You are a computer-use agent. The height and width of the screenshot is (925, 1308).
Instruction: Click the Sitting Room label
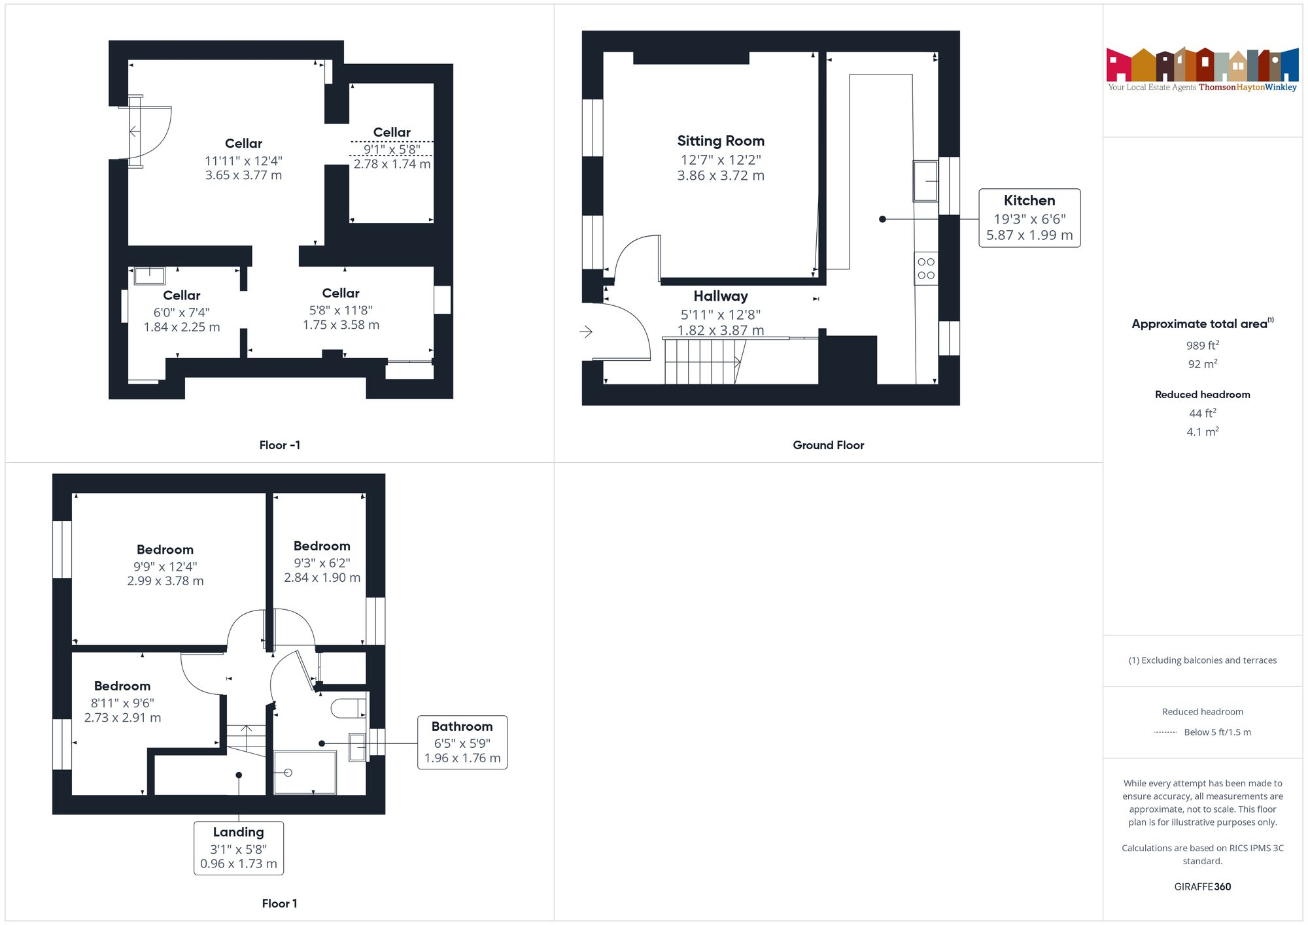(721, 141)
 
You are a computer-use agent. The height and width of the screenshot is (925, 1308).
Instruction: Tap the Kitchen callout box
(1029, 218)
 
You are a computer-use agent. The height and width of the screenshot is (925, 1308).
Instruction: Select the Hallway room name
(721, 296)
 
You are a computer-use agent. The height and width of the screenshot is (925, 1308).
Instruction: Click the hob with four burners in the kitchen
(926, 269)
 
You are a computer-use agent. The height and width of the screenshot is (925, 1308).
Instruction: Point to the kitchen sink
(926, 181)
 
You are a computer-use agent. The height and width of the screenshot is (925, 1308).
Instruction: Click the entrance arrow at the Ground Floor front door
(586, 331)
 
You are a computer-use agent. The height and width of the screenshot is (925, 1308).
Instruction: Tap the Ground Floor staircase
(703, 362)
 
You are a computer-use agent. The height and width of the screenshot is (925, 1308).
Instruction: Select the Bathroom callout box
(462, 742)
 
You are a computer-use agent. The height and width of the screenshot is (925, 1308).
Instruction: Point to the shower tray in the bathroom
(305, 773)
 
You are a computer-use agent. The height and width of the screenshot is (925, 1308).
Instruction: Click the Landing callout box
(239, 848)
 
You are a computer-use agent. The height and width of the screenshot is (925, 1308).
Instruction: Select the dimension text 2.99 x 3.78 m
(165, 581)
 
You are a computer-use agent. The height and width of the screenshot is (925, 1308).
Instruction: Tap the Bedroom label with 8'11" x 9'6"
(122, 686)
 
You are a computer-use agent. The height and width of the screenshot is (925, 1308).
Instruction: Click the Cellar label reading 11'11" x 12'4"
(243, 144)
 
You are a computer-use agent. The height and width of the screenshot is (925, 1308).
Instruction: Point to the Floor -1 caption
(280, 445)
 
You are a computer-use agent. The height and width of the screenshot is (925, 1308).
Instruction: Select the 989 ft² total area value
(1202, 345)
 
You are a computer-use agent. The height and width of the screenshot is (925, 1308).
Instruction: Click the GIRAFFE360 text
(1202, 886)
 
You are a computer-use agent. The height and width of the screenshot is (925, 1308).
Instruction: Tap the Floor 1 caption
(279, 903)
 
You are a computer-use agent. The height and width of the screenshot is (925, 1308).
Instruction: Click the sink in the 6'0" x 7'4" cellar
(149, 275)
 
